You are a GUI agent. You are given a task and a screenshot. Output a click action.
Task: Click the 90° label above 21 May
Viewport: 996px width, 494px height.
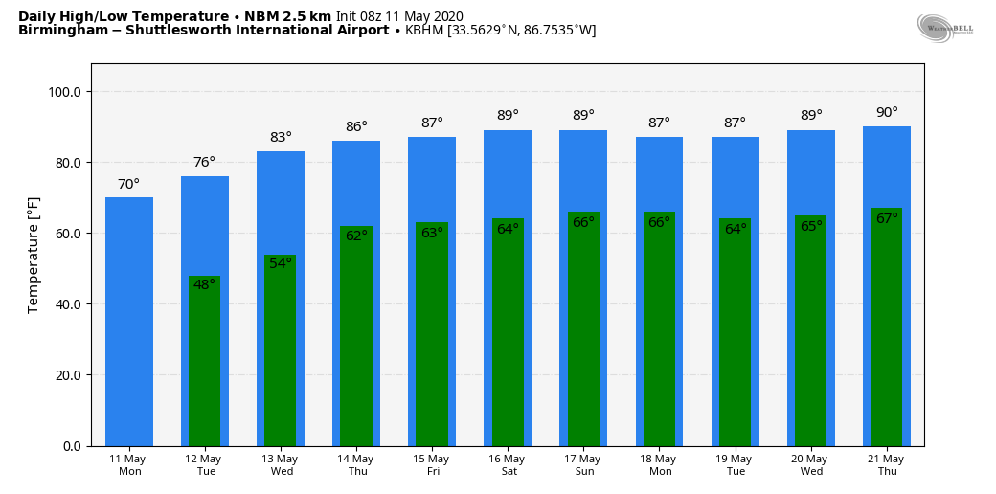point(887,113)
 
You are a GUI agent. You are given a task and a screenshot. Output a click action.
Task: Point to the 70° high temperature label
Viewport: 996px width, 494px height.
point(128,184)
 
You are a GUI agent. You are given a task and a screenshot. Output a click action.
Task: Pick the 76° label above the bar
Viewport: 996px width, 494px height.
point(204,163)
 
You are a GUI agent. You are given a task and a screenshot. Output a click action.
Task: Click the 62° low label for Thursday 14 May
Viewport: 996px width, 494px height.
point(356,236)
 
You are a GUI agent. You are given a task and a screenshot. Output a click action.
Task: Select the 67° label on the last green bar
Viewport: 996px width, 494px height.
point(887,219)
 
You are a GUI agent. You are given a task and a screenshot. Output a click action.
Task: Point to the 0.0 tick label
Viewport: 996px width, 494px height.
point(71,446)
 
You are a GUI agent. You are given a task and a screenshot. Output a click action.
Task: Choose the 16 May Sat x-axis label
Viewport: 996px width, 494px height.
point(508,465)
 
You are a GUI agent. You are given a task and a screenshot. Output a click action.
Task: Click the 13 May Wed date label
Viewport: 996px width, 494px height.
point(282,465)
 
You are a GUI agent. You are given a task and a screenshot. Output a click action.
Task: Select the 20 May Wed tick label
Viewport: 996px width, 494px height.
point(811,465)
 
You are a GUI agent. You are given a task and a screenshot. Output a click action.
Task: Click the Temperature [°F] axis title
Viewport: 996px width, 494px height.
point(34,255)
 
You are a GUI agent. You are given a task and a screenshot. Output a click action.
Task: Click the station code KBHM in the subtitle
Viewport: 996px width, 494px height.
point(423,31)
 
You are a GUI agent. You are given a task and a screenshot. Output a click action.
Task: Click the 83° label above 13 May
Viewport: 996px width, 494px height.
point(281,138)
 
